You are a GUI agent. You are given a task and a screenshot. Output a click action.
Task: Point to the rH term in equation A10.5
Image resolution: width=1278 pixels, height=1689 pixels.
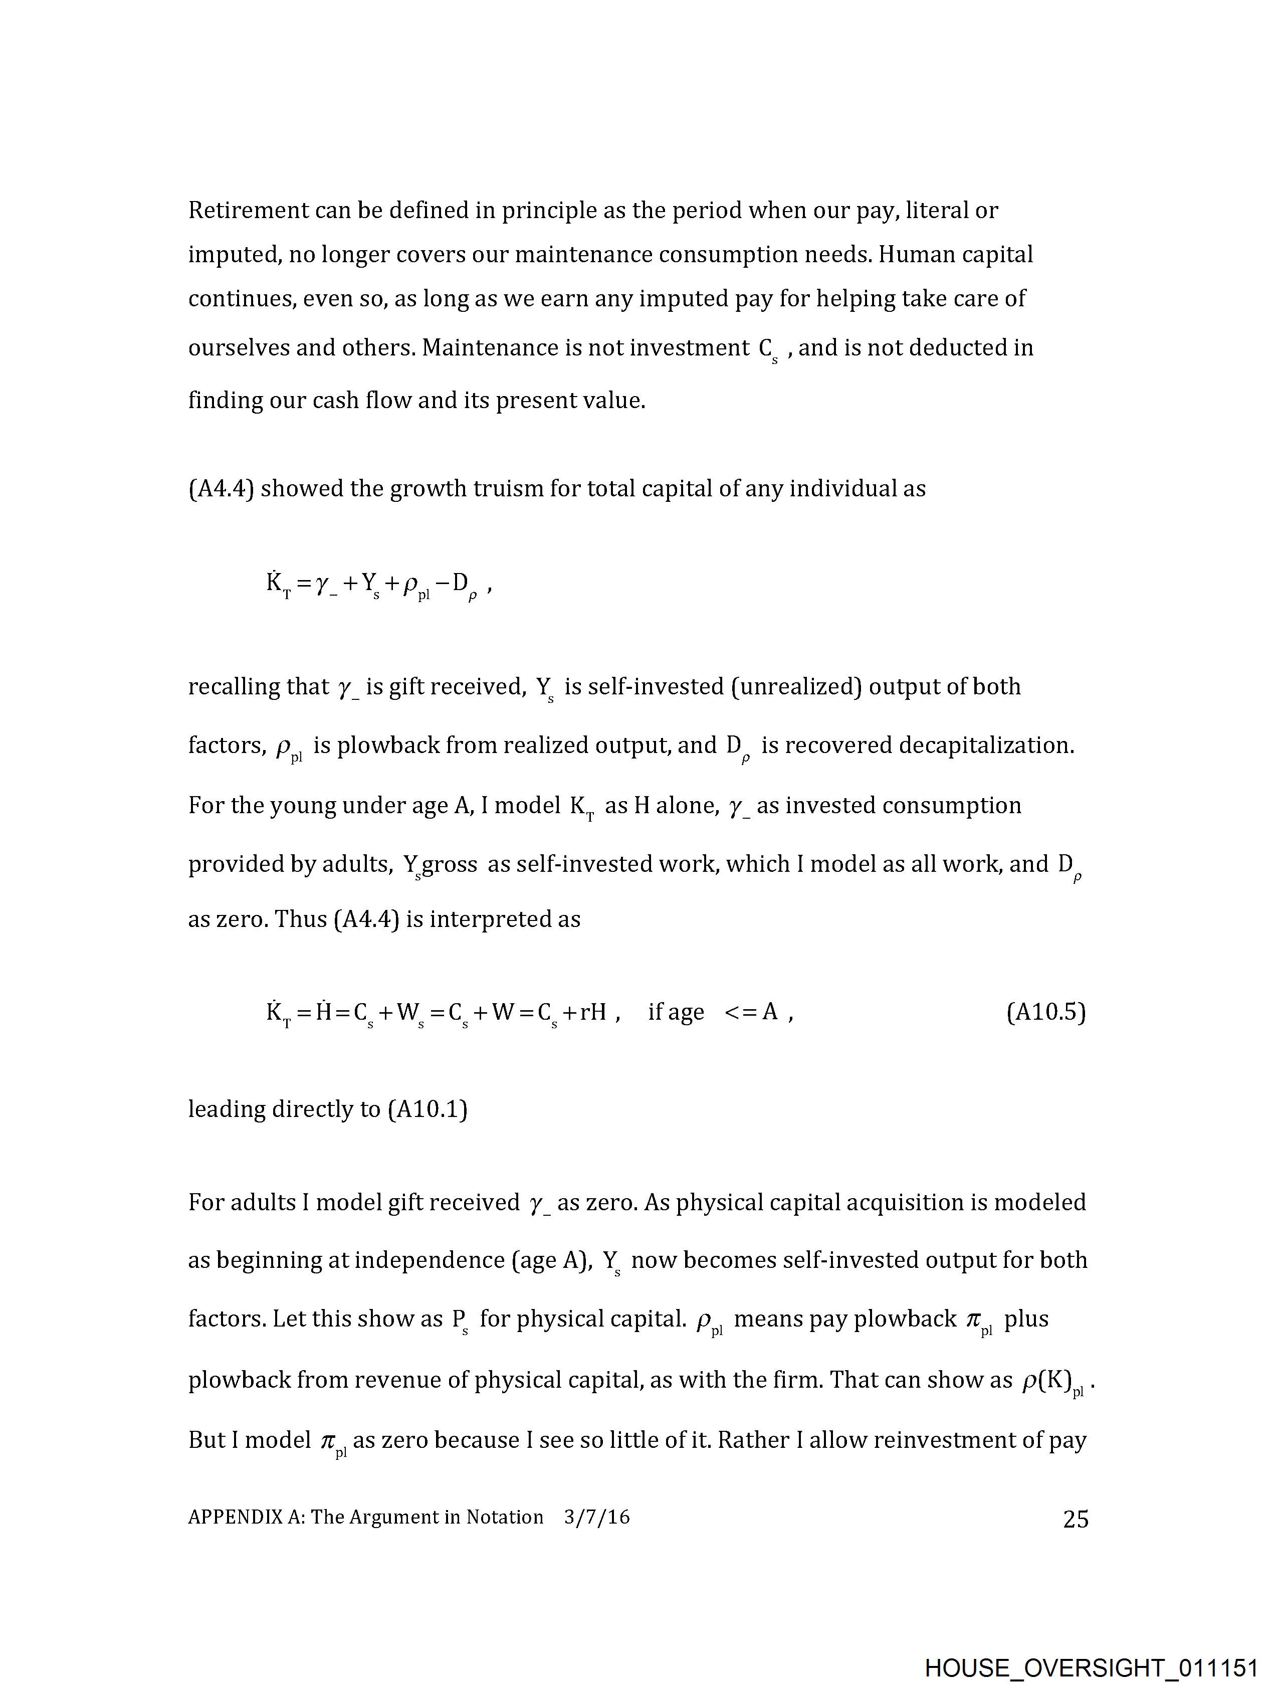(x=593, y=1013)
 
